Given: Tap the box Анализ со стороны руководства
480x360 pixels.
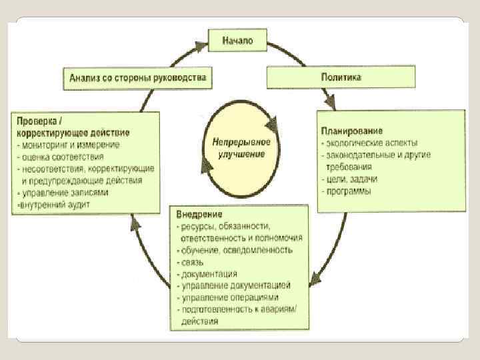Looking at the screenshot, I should pyautogui.click(x=137, y=77).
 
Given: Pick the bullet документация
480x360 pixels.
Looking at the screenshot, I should pyautogui.click(x=207, y=273).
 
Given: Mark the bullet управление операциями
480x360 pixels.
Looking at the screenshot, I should pyautogui.click(x=227, y=297).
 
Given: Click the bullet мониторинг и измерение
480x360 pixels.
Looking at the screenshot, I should pyautogui.click(x=70, y=144).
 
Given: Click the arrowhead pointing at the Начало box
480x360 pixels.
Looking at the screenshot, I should pyautogui.click(x=199, y=46).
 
